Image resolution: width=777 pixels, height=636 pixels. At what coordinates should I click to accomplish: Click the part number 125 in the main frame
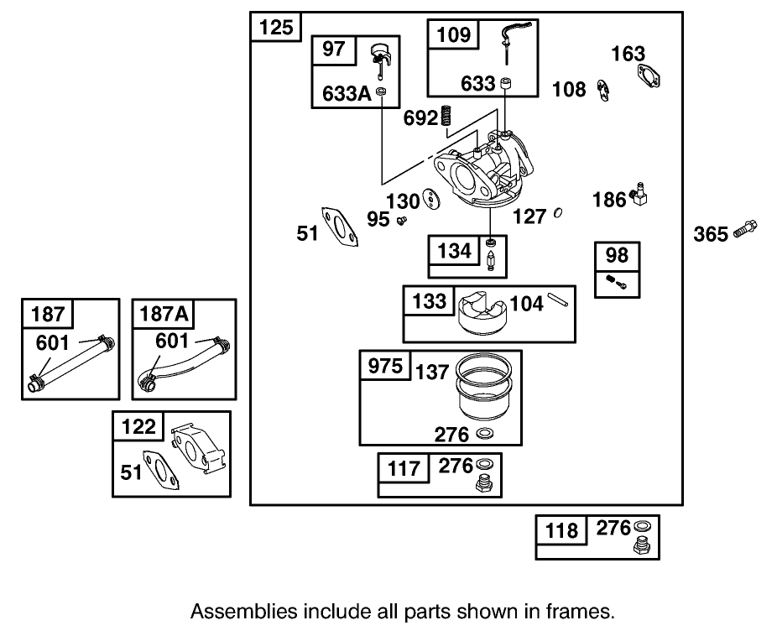coord(276,27)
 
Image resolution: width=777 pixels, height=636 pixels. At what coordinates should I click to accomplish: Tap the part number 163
coord(628,55)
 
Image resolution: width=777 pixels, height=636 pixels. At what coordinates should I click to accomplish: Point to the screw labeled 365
coord(745,227)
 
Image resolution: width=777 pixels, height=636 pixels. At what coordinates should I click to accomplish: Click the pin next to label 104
coord(560,296)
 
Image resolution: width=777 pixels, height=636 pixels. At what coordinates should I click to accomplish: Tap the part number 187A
coord(163,315)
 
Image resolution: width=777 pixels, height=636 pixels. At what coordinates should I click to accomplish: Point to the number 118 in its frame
coord(561,529)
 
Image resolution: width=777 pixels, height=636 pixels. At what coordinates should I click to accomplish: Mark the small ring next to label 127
coord(558,215)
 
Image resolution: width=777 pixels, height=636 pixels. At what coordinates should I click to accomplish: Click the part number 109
coord(455,35)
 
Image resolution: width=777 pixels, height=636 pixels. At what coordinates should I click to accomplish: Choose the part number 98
coord(618,255)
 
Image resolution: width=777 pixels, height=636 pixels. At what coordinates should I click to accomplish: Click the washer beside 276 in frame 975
coord(484,433)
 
